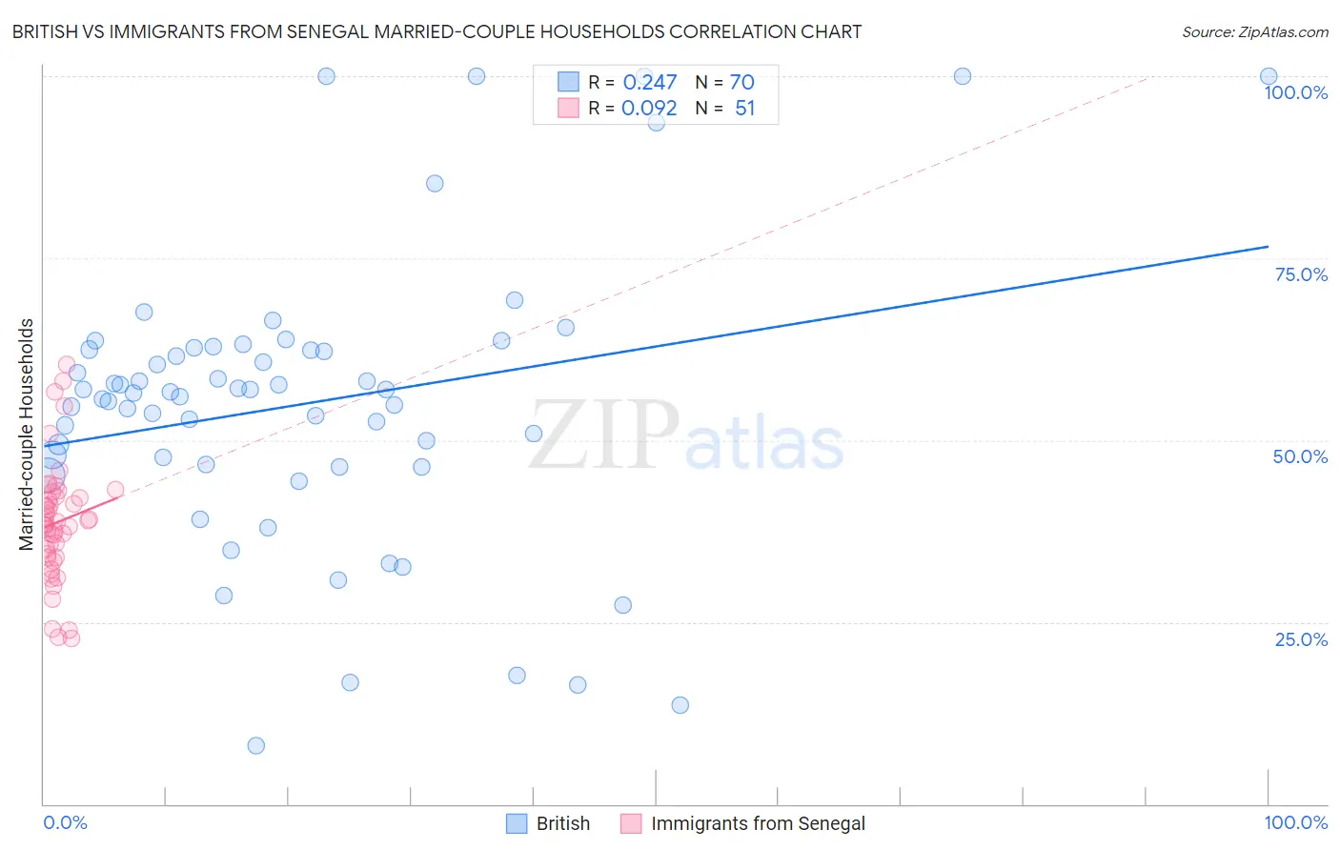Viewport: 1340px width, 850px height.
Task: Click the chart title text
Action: [x=437, y=31]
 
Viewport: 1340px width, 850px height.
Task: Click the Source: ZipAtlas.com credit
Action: [x=1254, y=31]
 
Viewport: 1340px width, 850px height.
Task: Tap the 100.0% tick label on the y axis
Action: [x=1295, y=92]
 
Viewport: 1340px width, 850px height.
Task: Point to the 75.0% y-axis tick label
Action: [x=1301, y=274]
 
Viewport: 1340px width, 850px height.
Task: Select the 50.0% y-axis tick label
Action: [x=1300, y=456]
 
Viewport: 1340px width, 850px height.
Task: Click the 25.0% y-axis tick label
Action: [x=1301, y=639]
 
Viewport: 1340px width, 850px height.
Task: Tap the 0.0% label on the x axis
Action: [x=65, y=822]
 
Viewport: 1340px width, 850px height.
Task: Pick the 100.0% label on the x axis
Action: [x=1295, y=822]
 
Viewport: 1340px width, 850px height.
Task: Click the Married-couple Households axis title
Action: [x=27, y=435]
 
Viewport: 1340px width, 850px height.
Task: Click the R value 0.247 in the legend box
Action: [x=649, y=82]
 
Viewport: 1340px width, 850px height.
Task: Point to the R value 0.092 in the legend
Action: [x=649, y=109]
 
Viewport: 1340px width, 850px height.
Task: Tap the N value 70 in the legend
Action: [x=741, y=82]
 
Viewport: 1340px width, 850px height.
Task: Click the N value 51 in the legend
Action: [x=744, y=109]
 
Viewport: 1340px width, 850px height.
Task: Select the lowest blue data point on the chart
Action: [x=255, y=745]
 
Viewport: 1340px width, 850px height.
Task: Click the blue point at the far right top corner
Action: [x=1268, y=76]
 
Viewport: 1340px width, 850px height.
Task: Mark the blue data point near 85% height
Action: [x=435, y=183]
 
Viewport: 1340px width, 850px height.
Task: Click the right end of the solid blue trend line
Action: [x=1268, y=247]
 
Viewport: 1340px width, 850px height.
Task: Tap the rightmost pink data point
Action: [x=115, y=490]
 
